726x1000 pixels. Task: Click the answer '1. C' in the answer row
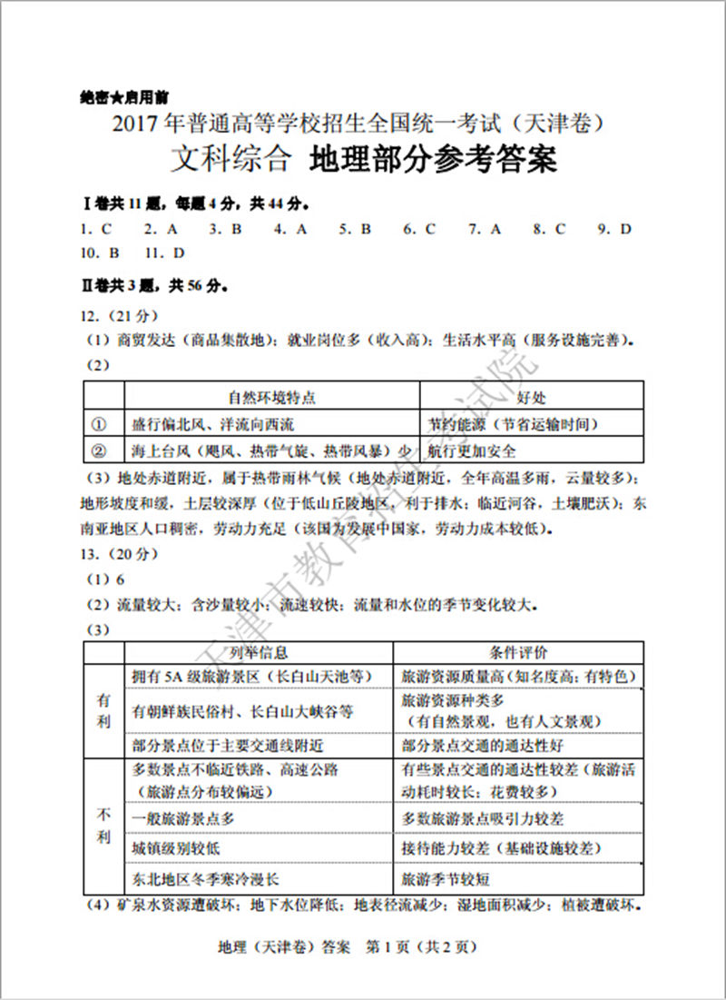pyautogui.click(x=95, y=229)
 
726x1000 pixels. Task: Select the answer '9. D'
pyautogui.click(x=613, y=229)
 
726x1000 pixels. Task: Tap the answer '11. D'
pyautogui.click(x=164, y=252)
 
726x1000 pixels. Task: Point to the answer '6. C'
pyautogui.click(x=419, y=229)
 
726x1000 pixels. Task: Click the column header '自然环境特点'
pyautogui.click(x=271, y=398)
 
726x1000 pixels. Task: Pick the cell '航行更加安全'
pyautogui.click(x=471, y=450)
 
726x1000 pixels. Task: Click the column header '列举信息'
pyautogui.click(x=259, y=653)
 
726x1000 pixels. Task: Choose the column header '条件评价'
pyautogui.click(x=518, y=653)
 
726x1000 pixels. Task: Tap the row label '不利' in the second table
pyautogui.click(x=103, y=826)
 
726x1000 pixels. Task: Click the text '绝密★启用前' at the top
pyautogui.click(x=117, y=96)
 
